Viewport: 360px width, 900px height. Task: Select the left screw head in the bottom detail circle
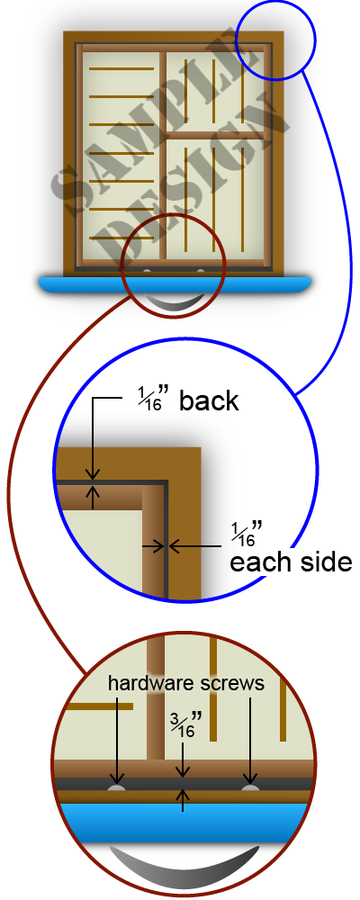coord(117,788)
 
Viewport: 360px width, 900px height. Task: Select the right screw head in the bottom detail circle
coord(250,788)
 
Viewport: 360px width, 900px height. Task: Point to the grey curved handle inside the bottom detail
coord(184,868)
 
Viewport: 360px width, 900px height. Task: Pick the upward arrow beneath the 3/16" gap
coord(184,799)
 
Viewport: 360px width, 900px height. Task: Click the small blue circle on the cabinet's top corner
coord(275,40)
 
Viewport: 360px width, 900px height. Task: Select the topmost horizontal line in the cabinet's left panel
coord(121,68)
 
